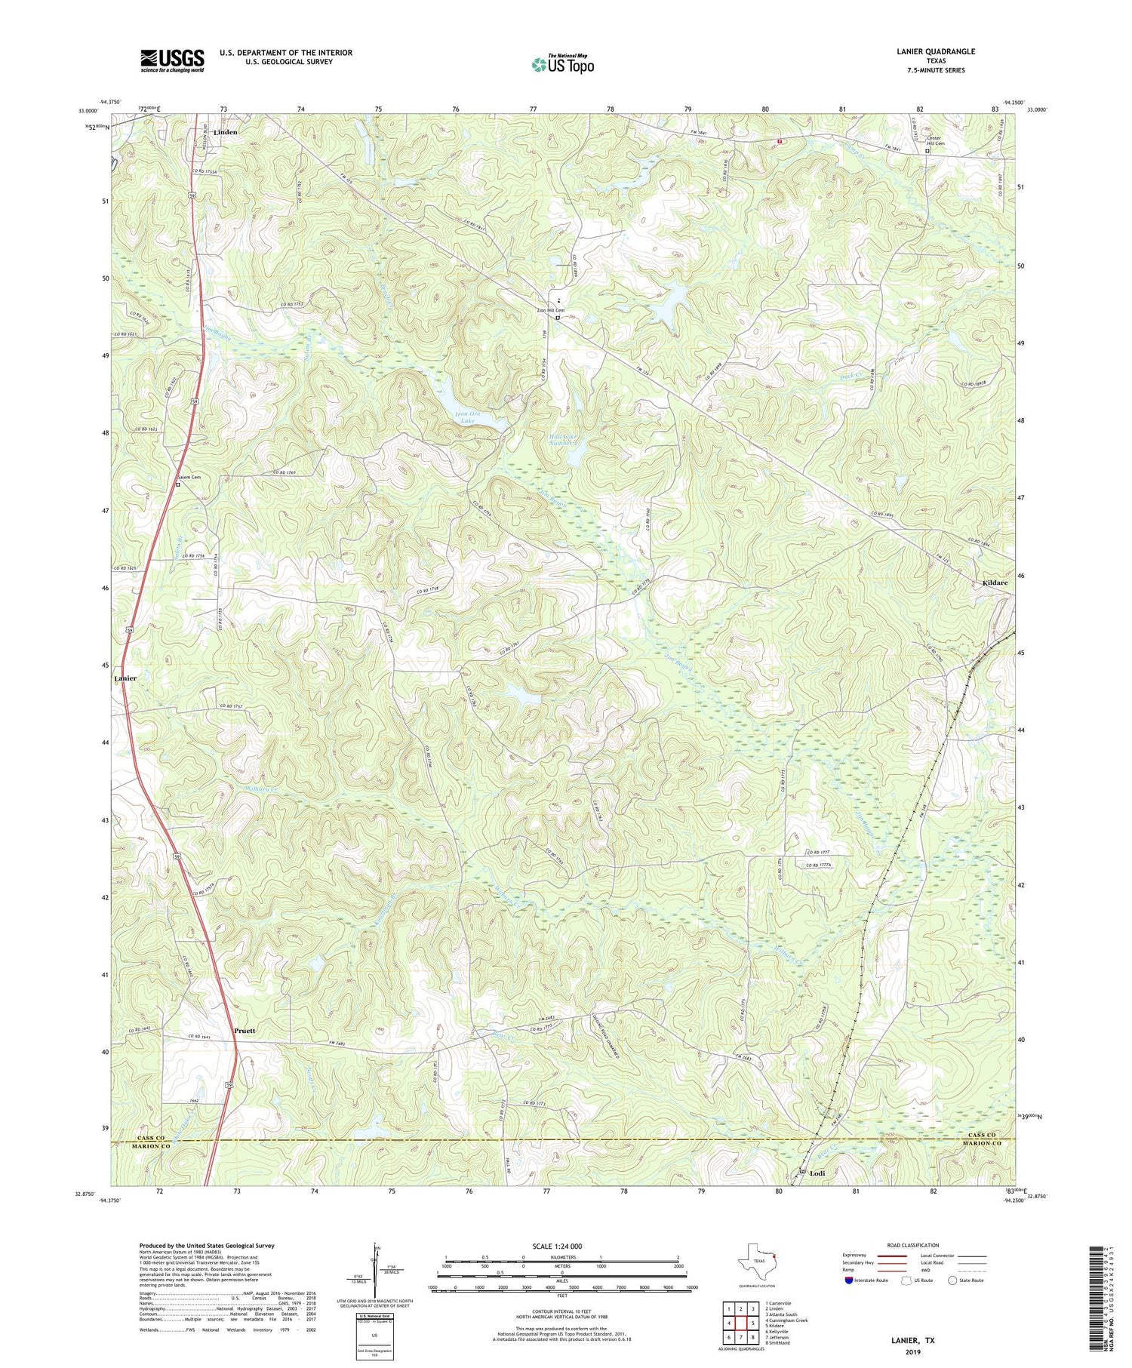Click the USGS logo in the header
tap(172, 60)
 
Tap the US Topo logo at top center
tap(563, 65)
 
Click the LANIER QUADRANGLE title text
tap(935, 51)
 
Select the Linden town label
tap(225, 132)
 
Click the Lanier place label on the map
tap(125, 678)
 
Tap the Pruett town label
tap(245, 1030)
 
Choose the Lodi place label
tap(817, 1173)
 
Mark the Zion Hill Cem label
tap(551, 310)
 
